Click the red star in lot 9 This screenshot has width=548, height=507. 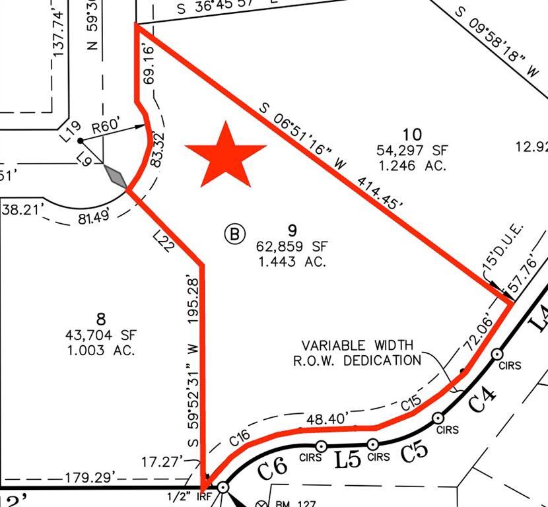[x=226, y=156]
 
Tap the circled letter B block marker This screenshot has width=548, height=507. [x=235, y=233]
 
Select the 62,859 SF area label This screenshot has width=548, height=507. [x=292, y=247]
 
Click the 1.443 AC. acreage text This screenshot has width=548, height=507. [x=292, y=261]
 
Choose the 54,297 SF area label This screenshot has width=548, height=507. [x=411, y=151]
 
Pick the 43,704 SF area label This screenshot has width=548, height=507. [x=101, y=335]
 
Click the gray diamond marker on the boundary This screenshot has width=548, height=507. [x=116, y=176]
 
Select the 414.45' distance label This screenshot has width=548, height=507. [x=379, y=192]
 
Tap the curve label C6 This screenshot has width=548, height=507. [x=273, y=469]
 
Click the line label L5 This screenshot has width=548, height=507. [x=347, y=459]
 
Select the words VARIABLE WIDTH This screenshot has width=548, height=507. [x=357, y=346]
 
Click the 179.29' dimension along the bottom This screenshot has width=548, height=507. [x=90, y=477]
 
